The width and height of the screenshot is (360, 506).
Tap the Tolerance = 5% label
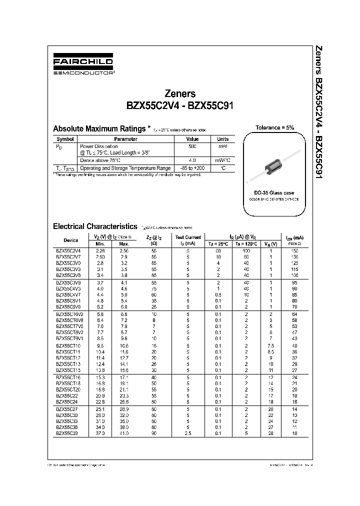[x=275, y=128]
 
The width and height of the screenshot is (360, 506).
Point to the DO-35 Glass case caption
[x=274, y=192]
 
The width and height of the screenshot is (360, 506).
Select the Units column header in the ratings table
[x=222, y=139]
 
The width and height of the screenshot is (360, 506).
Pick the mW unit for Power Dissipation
[x=222, y=146]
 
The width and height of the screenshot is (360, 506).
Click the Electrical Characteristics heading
[x=94, y=226]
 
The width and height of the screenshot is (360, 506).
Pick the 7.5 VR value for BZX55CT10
[x=270, y=345]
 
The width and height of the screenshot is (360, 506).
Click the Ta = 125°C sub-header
[x=247, y=243]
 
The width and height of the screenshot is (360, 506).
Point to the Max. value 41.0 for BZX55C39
[x=124, y=433]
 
